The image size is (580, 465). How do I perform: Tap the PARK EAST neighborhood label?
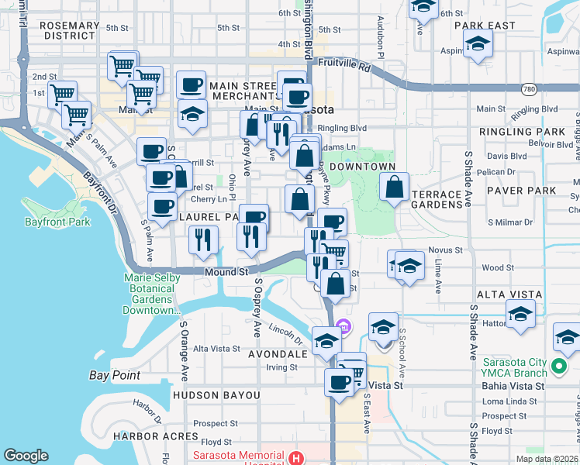pos(485,26)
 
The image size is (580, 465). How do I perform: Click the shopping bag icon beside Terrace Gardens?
pos(395,187)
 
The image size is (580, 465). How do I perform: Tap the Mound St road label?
pos(226,272)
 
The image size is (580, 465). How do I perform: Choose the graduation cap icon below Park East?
pos(478,46)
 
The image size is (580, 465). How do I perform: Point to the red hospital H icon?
pos(295,458)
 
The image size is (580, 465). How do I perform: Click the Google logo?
pos(26,456)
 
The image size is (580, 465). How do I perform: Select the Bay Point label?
pos(114,375)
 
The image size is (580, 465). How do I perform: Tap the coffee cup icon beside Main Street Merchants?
pos(191,84)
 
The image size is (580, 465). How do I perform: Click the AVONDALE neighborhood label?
pos(277,353)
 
